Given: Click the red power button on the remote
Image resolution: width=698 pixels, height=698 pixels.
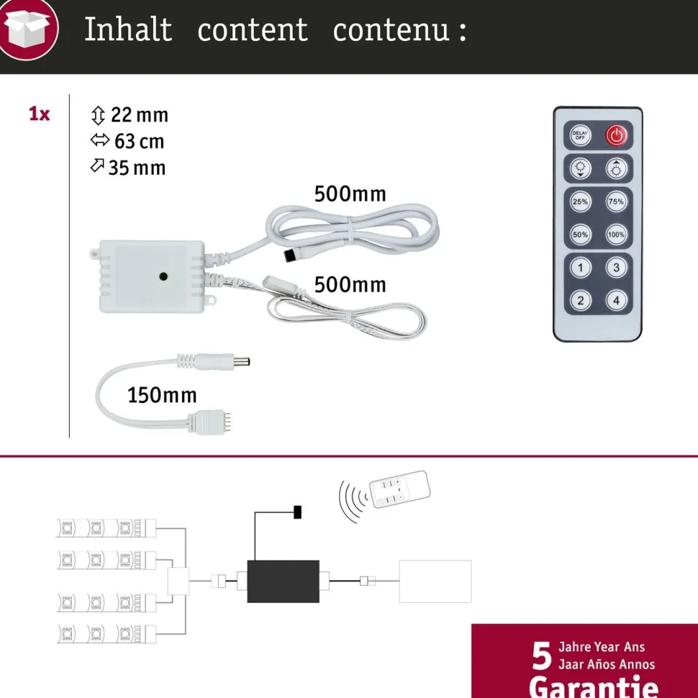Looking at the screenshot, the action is point(616,135).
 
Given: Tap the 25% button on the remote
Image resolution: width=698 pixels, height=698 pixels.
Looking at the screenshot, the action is point(580,201).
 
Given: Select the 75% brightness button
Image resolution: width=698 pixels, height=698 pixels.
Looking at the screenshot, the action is point(616,201).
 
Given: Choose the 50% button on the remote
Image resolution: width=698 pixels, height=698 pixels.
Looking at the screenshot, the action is point(580,235).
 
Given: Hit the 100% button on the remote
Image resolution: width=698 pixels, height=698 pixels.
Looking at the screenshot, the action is point(616,235).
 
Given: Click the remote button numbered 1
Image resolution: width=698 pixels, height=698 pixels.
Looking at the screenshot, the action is point(580,268).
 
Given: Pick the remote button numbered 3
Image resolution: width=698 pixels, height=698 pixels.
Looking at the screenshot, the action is point(616,268).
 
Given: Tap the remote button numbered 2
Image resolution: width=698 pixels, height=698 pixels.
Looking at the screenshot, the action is point(580,301).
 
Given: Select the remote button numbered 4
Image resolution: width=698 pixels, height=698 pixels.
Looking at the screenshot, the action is point(616,301).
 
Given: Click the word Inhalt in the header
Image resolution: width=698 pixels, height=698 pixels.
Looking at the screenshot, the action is point(128,30).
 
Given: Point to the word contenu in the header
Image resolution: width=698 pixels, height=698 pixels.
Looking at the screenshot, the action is point(391,30).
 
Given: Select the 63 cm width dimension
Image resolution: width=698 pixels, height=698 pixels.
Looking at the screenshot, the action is point(140,142).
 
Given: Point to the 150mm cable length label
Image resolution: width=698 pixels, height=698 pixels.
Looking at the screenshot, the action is point(162,395).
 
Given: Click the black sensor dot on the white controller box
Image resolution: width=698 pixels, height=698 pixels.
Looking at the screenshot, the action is point(163,276).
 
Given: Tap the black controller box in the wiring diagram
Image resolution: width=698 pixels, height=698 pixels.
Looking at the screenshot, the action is point(283,581).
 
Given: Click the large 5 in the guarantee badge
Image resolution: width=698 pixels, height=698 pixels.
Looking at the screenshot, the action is point(542,656).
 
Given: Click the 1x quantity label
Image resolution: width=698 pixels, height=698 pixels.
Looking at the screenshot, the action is point(39,114).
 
